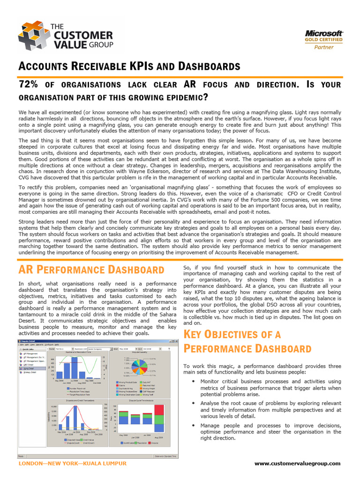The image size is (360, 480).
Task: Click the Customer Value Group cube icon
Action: tap(32, 36)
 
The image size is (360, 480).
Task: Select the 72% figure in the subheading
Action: tap(28, 85)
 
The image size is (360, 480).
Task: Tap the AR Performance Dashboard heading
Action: tap(91, 270)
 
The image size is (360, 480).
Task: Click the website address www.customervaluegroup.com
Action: tap(297, 463)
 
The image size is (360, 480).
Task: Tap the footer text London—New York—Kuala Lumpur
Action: tap(72, 463)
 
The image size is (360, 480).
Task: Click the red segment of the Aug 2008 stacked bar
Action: tap(159, 415)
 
